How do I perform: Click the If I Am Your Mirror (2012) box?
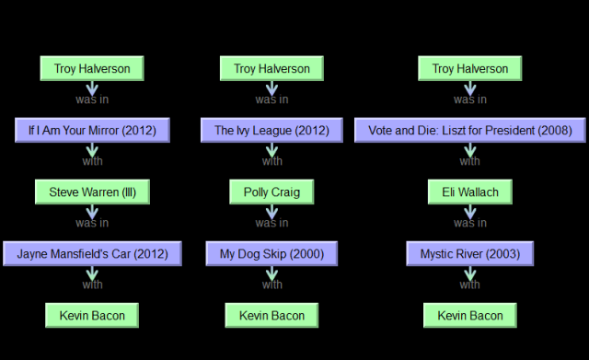pyautogui.click(x=92, y=131)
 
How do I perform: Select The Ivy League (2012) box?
pyautogui.click(x=271, y=131)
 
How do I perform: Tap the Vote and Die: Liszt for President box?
pyautogui.click(x=469, y=131)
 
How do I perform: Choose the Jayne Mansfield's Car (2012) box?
pyautogui.click(x=92, y=253)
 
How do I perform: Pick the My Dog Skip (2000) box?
pyautogui.click(x=271, y=253)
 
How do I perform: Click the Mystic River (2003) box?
pyautogui.click(x=469, y=253)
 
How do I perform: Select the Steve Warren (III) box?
pyautogui.click(x=92, y=192)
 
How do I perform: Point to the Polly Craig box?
pyautogui.click(x=271, y=192)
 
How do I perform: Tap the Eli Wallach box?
pyautogui.click(x=469, y=192)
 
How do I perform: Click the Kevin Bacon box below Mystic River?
pyautogui.click(x=469, y=316)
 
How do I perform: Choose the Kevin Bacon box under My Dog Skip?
pyautogui.click(x=271, y=316)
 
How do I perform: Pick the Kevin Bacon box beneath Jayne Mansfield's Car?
pyautogui.click(x=92, y=316)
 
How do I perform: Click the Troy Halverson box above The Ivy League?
pyautogui.click(x=271, y=69)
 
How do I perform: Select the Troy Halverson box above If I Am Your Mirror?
pyautogui.click(x=92, y=69)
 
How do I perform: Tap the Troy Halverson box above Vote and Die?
pyautogui.click(x=469, y=69)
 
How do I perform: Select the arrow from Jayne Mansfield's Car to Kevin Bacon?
pyautogui.click(x=92, y=275)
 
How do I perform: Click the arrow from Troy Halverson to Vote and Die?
pyautogui.click(x=469, y=90)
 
